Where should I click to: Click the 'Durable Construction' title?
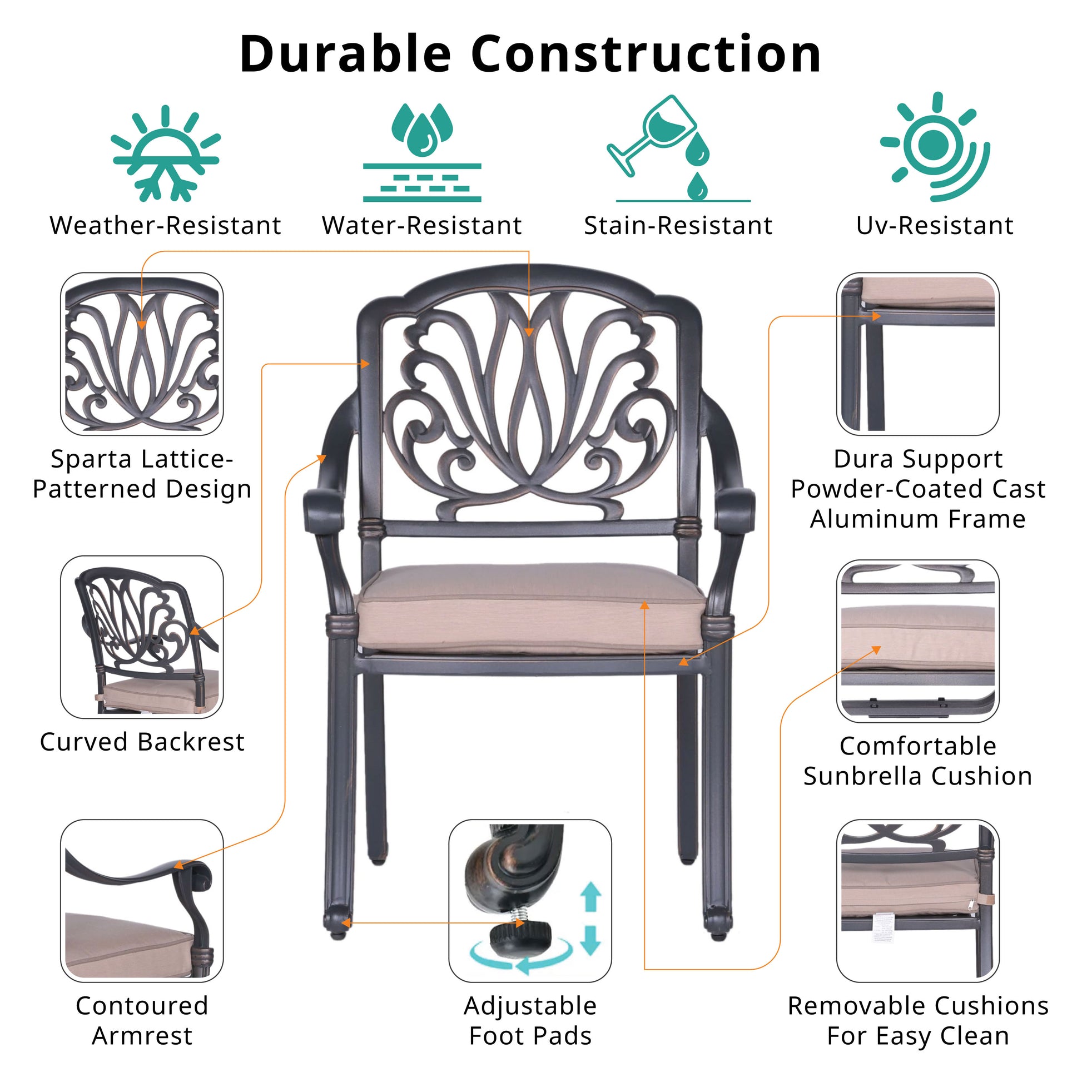530,54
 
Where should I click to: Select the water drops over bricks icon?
421,152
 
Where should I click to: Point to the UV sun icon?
934,146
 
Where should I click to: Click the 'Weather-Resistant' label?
165,226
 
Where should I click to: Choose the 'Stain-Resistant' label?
678,226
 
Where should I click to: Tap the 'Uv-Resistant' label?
935,226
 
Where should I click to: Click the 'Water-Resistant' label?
421,226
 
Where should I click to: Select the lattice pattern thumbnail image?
142,354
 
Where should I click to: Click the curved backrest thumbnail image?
142,637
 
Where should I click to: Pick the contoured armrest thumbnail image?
142,902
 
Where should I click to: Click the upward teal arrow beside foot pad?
590,896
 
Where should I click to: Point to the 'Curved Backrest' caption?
142,743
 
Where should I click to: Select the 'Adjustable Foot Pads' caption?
530,1020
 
